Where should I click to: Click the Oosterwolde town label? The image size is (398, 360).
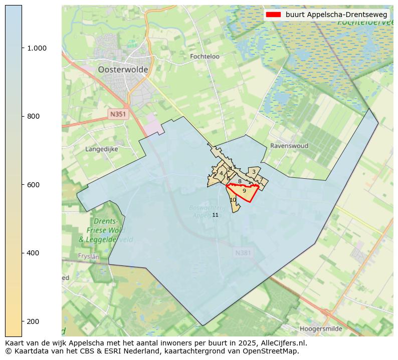(x=123, y=70)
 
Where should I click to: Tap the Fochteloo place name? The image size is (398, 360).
(x=205, y=57)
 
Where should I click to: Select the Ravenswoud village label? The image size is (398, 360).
(x=289, y=146)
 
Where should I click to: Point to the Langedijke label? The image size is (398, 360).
(x=101, y=149)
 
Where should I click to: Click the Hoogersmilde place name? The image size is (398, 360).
(x=321, y=329)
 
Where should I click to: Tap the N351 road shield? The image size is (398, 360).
(x=118, y=114)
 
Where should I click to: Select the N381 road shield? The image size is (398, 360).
(x=243, y=253)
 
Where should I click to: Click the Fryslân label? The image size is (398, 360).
(x=89, y=256)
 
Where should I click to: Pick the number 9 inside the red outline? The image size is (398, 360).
(x=244, y=191)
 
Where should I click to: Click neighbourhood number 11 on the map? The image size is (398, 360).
(x=215, y=215)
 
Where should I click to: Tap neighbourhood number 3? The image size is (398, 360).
(x=254, y=172)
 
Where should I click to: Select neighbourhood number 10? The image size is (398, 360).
(x=233, y=200)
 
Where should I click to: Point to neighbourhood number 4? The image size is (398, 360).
(x=221, y=173)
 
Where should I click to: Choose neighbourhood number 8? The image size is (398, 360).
(x=240, y=181)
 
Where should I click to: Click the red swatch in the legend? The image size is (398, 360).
(x=273, y=15)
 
